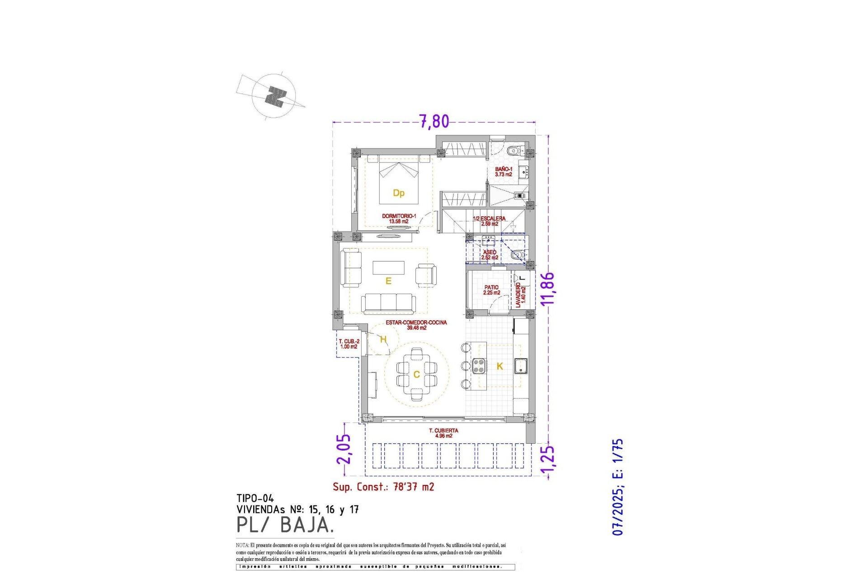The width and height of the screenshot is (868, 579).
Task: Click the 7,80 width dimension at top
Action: tap(434, 121)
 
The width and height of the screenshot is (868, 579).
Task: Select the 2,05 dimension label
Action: tap(344, 449)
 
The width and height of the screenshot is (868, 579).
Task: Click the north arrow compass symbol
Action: tap(274, 96)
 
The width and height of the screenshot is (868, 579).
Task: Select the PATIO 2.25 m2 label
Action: tap(491, 290)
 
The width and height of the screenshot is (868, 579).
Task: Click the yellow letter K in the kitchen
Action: tap(500, 366)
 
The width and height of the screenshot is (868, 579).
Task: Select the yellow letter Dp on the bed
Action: tap(398, 193)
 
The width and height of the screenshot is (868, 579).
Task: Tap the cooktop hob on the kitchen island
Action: tap(479, 365)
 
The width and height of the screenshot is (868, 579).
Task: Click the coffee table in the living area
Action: tap(388, 267)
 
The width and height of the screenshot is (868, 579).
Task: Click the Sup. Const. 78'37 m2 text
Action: tap(383, 487)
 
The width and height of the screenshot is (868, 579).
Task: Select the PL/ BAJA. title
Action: tap(285, 525)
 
